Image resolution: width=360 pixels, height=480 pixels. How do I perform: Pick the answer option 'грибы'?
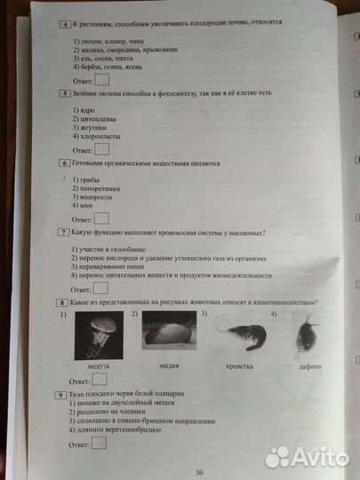coord(86,180)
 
